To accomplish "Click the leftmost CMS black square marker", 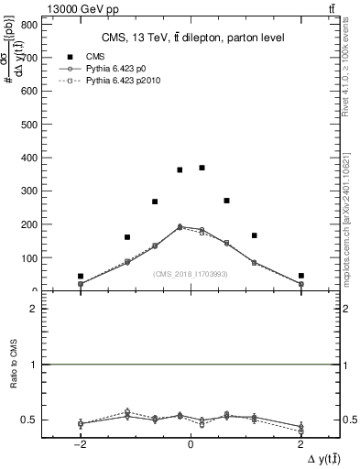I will point(81,276).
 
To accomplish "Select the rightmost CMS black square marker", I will point(300,276).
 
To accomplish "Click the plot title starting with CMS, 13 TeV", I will point(192,37).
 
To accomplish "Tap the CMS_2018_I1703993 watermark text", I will point(191,273).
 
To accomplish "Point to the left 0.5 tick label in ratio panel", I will point(31,420).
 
